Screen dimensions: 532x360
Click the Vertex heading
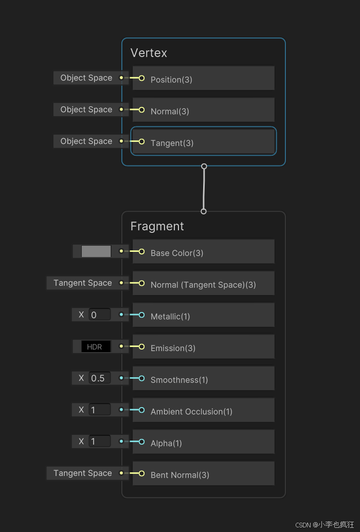(149, 53)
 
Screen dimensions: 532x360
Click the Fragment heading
(157, 226)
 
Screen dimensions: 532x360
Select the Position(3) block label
(171, 80)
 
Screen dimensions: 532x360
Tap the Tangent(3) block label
(172, 143)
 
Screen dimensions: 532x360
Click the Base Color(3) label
(176, 253)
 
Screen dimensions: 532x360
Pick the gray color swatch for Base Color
(96, 251)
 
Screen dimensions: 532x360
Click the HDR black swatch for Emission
(96, 347)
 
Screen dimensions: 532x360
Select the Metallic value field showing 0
(99, 315)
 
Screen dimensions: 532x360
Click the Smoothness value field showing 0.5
(99, 378)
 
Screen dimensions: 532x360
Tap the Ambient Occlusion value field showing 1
(99, 410)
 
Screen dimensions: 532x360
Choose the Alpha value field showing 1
(99, 442)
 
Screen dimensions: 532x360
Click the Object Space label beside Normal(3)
(86, 109)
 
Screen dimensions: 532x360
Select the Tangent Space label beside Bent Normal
(82, 473)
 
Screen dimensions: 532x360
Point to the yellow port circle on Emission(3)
(141, 346)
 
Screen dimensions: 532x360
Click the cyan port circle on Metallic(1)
(141, 315)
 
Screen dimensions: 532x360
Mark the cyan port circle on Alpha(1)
(141, 442)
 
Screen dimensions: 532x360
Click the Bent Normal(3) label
(179, 475)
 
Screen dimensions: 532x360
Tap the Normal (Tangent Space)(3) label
(203, 285)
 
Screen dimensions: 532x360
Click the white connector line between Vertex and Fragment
(204, 189)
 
